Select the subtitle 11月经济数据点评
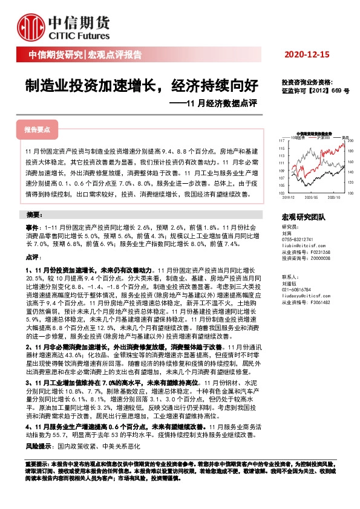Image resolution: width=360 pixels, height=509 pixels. click(215, 103)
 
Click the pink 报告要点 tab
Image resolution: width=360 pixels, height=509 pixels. click(38, 129)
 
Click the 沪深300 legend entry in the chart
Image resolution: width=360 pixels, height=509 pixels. click(324, 137)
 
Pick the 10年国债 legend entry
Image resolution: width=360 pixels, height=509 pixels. click(301, 137)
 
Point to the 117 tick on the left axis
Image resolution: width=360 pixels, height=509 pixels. click(282, 141)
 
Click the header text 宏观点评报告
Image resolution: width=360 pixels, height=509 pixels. click(115, 55)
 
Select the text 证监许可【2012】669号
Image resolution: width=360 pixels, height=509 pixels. click(315, 91)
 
